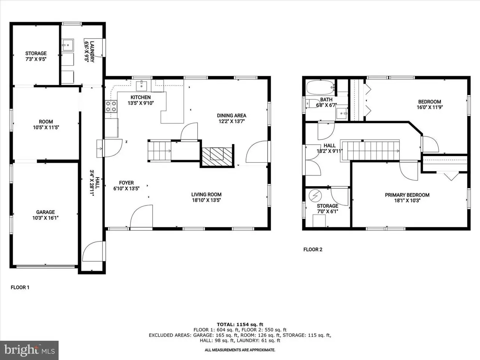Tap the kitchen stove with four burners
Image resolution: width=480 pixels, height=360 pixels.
click(x=111, y=106)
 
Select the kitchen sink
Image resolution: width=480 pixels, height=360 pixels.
click(x=141, y=85)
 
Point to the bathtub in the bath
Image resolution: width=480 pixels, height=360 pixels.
click(x=321, y=87)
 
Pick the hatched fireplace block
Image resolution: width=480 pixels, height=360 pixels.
click(x=217, y=156)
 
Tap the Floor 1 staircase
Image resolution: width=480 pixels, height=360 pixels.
click(x=160, y=151)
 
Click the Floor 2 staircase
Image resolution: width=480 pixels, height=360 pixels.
click(x=371, y=151)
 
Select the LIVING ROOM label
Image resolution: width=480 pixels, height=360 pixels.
click(x=206, y=194)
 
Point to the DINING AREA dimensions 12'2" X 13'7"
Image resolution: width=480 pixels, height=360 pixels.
click(x=232, y=121)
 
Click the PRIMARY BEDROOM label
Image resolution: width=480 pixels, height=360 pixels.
click(x=407, y=195)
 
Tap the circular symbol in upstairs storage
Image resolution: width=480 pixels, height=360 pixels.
click(x=315, y=195)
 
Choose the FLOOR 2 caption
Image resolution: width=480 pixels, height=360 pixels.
click(x=313, y=249)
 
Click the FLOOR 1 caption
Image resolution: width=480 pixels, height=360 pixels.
click(x=20, y=287)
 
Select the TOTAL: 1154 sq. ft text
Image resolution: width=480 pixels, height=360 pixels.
click(x=240, y=324)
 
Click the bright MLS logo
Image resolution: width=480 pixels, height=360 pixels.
click(x=29, y=350)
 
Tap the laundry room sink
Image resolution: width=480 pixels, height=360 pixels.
click(x=67, y=45)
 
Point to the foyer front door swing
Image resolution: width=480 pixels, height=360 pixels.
click(x=141, y=216)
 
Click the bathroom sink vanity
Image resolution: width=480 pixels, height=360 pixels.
click(x=342, y=113)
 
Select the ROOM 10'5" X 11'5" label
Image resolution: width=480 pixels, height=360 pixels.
click(x=46, y=124)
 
